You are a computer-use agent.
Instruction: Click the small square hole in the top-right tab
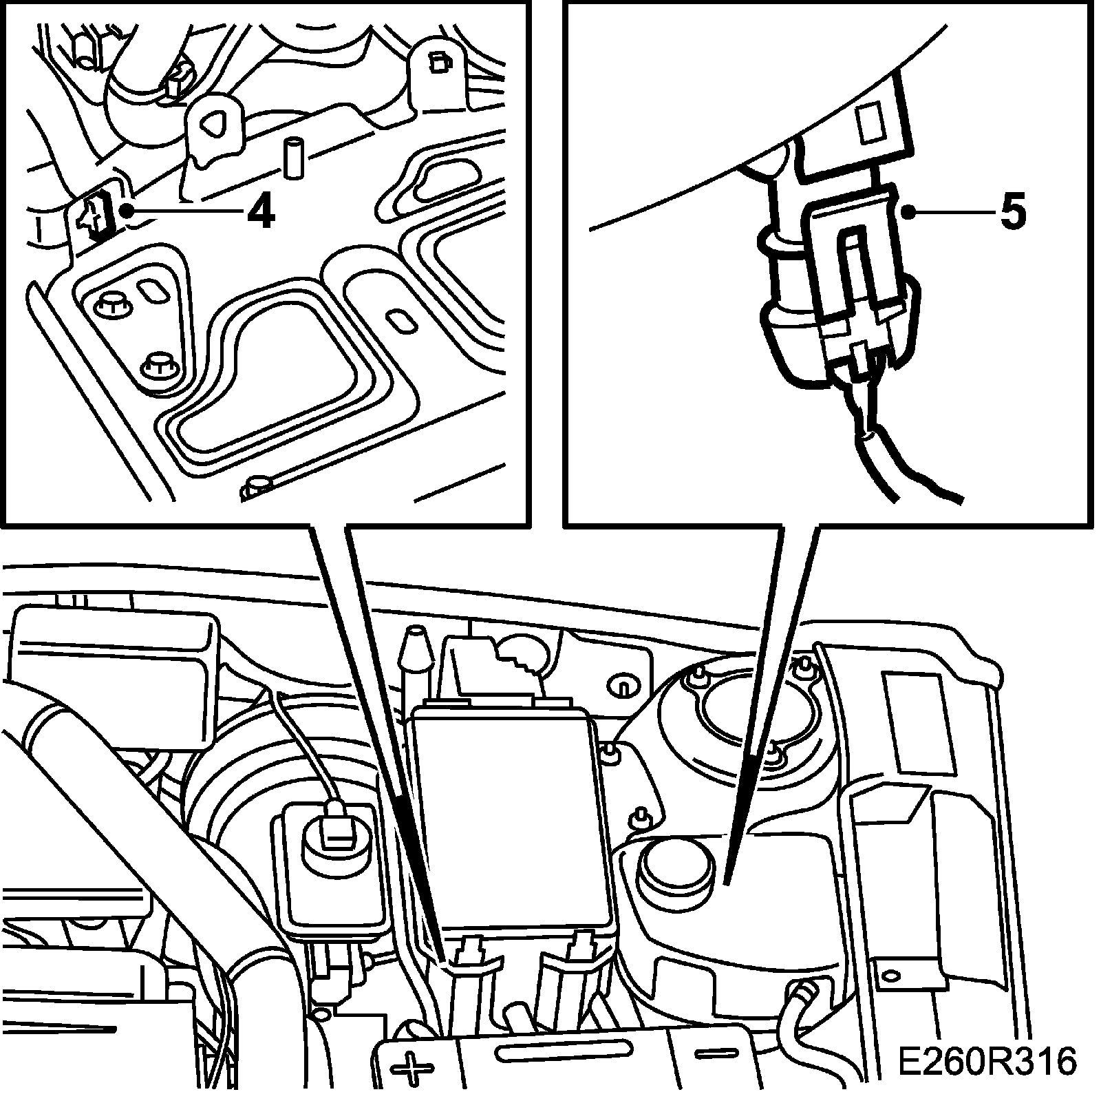click(x=437, y=64)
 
